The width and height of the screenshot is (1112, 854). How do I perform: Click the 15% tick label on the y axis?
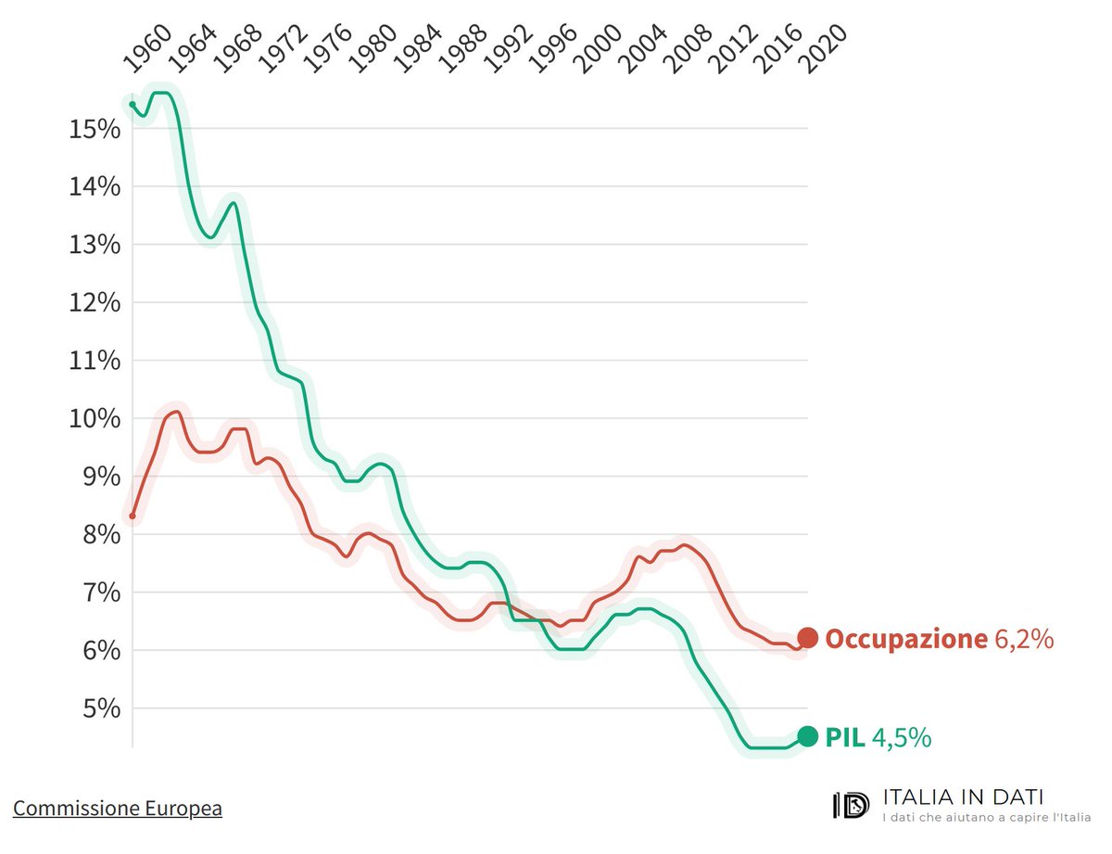(x=95, y=129)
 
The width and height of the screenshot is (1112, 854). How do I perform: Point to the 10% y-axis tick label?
(x=95, y=418)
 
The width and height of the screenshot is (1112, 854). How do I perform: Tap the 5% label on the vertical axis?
(x=100, y=708)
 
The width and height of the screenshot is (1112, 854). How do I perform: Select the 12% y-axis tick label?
(x=95, y=302)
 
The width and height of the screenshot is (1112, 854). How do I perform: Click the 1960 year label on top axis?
(x=146, y=50)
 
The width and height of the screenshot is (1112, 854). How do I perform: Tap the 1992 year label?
(x=507, y=50)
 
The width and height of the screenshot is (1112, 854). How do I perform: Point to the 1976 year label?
(x=327, y=50)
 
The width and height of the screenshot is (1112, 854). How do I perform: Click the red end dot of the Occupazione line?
(x=807, y=638)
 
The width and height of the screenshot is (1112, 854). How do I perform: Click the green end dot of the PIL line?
(x=807, y=736)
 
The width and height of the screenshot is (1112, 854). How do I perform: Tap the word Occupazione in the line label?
(x=905, y=639)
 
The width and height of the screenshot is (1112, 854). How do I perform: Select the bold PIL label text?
(x=845, y=737)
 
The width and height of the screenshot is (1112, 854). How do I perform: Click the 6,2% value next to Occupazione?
(x=1024, y=639)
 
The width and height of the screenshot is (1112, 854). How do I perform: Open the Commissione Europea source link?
(x=118, y=809)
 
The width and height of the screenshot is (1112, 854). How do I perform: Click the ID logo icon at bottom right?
(x=851, y=805)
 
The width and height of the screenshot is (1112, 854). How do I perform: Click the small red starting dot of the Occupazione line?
(x=133, y=516)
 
